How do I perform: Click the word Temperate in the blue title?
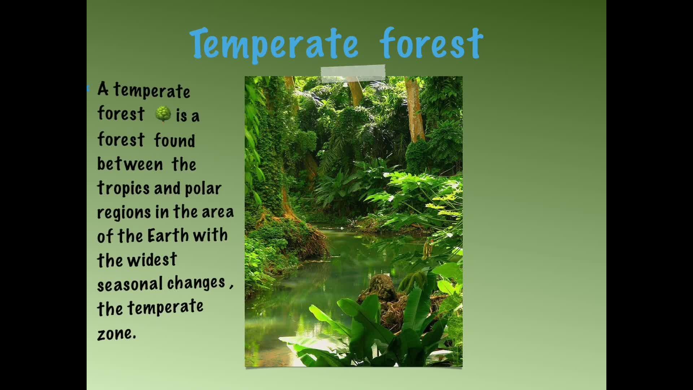pos(274,44)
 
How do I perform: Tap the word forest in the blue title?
pos(431,43)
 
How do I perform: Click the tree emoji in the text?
pos(163,114)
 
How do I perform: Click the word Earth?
pos(168,236)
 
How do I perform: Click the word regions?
pos(124,213)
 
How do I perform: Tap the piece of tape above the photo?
pos(353,74)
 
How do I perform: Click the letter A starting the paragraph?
pos(103,89)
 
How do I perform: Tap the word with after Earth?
pos(210,235)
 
